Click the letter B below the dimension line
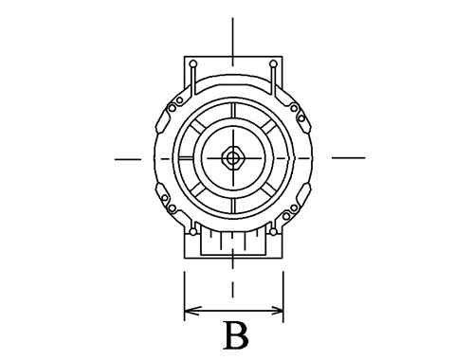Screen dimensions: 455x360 [x=236, y=335]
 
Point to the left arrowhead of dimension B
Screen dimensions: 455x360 [x=192, y=311]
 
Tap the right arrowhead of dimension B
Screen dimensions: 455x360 [x=275, y=311]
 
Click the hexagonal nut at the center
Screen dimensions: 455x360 [x=233, y=157]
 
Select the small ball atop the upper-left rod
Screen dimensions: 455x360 [x=193, y=64]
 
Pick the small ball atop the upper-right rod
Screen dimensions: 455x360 [x=274, y=64]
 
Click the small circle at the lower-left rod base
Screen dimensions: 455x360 [x=192, y=232]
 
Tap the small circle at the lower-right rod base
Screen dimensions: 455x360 [x=273, y=232]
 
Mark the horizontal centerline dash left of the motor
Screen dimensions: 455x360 [x=128, y=159]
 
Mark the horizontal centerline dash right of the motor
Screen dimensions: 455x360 [x=348, y=157]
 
